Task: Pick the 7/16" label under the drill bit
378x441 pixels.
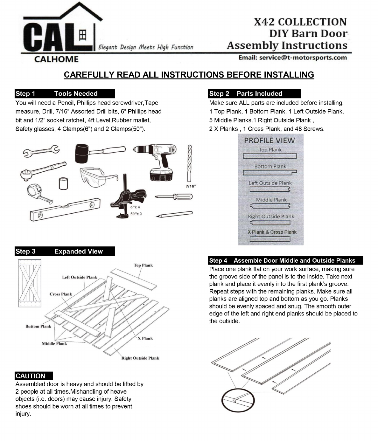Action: (191, 186)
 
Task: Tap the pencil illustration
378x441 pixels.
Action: (175, 214)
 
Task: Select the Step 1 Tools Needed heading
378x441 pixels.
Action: (65, 93)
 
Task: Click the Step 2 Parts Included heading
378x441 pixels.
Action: (254, 93)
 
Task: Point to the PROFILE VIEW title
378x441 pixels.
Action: (269, 140)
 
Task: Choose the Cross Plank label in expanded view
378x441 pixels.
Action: (61, 294)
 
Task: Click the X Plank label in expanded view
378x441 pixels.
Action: (145, 338)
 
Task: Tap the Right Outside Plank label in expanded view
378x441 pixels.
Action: (140, 358)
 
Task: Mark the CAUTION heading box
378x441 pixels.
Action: (34, 376)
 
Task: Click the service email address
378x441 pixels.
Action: (293, 58)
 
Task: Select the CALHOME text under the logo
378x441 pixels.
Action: (56, 59)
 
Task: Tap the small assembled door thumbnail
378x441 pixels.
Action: (30, 283)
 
